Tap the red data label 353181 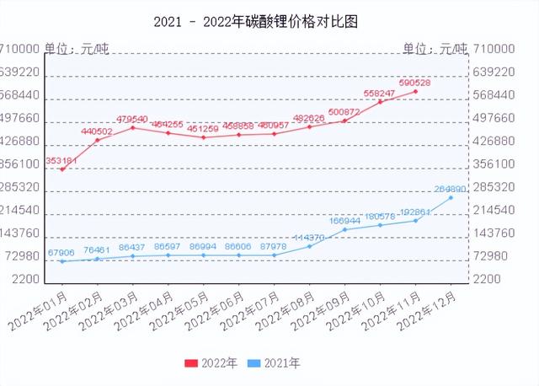tap(61, 159)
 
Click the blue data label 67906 tap(61, 252)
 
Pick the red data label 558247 tap(379, 93)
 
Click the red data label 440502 tap(97, 131)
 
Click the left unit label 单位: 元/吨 tap(77, 49)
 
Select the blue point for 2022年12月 tap(451, 197)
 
